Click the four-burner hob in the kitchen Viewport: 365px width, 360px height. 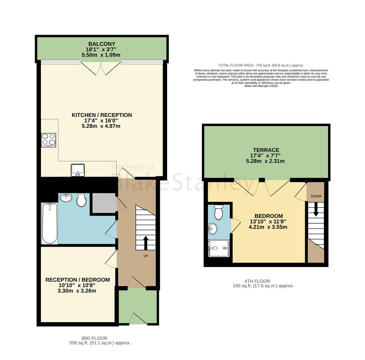48,140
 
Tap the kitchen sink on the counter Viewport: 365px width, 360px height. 78,170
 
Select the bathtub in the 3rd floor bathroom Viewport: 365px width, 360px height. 50,223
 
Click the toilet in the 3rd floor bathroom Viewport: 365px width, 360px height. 81,200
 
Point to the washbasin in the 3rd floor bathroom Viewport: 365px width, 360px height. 66,198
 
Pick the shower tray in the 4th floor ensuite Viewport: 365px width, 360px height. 219,248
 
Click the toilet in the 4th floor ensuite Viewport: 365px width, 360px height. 218,212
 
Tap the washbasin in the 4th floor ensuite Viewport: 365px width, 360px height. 213,229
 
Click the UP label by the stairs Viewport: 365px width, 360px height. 146,256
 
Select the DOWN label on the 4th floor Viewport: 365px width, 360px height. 316,196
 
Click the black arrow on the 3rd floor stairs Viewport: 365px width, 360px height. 146,243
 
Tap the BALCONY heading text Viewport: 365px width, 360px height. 102,44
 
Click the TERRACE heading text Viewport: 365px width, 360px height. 266,150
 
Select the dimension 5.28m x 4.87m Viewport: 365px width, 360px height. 101,126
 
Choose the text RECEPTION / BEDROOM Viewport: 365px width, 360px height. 77,280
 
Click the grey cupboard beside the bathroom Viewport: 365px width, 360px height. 104,203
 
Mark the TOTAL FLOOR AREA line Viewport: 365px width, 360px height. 261,65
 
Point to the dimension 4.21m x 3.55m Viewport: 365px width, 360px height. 268,227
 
